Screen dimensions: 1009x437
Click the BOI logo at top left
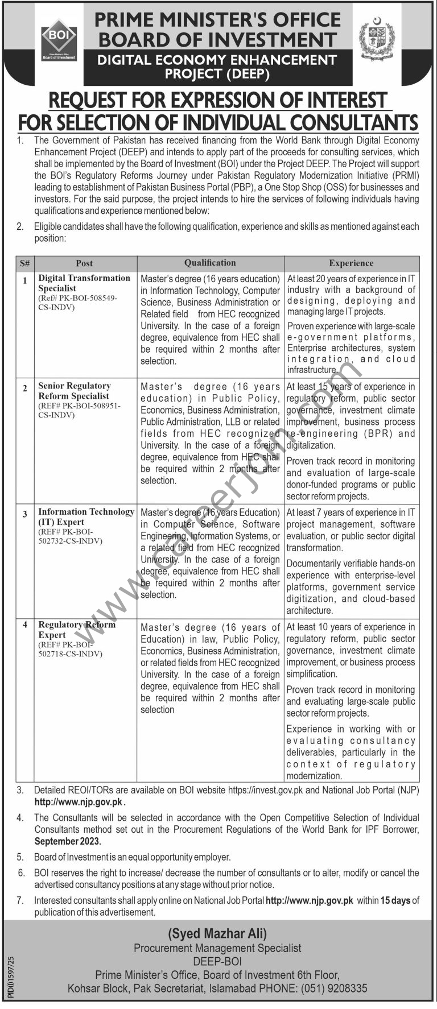[59, 39]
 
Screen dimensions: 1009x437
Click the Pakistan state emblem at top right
[376, 39]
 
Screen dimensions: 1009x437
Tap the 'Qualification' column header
[209, 263]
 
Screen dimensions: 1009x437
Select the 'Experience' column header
[351, 263]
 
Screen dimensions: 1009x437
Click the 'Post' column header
[84, 263]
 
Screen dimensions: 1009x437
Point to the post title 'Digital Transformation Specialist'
[84, 283]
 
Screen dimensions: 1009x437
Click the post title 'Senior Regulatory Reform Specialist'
[75, 391]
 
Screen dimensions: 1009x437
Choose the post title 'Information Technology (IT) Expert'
[86, 516]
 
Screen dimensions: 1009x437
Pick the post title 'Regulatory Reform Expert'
[77, 629]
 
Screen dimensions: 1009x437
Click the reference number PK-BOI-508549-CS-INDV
[78, 303]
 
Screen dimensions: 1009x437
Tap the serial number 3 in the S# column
[25, 514]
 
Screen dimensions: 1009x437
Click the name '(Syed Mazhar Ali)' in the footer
[217, 933]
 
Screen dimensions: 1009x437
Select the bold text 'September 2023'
[67, 841]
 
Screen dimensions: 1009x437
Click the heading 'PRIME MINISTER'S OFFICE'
[218, 20]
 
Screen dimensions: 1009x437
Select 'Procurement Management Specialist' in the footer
[217, 948]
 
